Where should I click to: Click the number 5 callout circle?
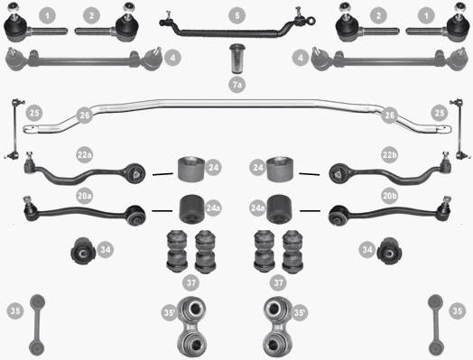[x=237, y=15]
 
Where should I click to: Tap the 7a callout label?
[x=237, y=85]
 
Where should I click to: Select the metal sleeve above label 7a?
[x=237, y=59]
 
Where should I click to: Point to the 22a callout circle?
[x=85, y=155]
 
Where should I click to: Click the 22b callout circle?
[x=389, y=155]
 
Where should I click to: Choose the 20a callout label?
[x=85, y=196]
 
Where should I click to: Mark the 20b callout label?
[x=389, y=196]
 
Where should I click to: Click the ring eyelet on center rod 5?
[x=311, y=21]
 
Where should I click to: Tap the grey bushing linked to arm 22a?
[x=190, y=169]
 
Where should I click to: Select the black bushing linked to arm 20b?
[x=279, y=209]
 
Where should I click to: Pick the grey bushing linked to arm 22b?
[x=280, y=169]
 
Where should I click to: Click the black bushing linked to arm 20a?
[x=192, y=209]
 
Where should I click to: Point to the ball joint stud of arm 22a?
[x=29, y=156]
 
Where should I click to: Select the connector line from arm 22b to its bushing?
[x=310, y=174]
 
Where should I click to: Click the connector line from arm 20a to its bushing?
[x=162, y=211]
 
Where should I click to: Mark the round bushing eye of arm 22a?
[x=135, y=174]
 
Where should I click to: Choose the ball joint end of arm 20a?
[x=30, y=208]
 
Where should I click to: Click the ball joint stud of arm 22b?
[x=445, y=156]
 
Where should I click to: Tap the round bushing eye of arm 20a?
[x=136, y=215]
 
